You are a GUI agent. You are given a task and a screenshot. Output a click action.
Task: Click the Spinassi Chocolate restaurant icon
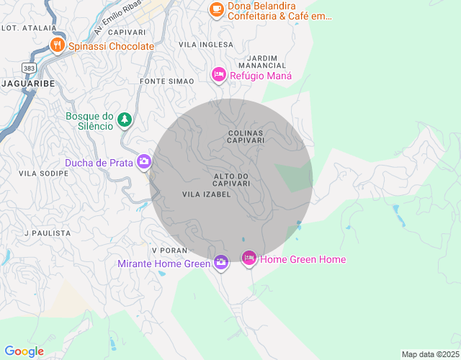click(x=58, y=45)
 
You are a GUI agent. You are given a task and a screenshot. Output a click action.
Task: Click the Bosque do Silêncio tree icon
click(x=125, y=120)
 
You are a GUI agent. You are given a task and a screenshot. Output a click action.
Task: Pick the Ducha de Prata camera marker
click(x=144, y=162)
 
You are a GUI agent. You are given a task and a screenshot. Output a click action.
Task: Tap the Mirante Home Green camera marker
click(x=220, y=263)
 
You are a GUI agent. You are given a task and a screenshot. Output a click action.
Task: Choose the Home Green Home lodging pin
click(x=249, y=258)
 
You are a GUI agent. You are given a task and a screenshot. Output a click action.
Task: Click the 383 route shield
click(x=28, y=67)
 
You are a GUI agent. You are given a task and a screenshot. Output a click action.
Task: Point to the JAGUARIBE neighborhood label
click(x=28, y=84)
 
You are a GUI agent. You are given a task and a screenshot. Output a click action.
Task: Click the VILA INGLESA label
click(x=206, y=45)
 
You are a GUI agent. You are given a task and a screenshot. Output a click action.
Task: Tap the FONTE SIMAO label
click(x=167, y=81)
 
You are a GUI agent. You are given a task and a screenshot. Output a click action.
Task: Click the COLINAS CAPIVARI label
click(x=245, y=137)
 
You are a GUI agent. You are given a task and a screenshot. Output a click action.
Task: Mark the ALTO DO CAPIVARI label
click(x=231, y=180)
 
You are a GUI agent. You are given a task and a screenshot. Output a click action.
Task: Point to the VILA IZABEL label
click(x=206, y=194)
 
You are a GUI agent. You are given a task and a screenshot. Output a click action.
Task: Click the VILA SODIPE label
click(x=39, y=174)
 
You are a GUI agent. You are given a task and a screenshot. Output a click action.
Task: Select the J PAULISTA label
click(x=48, y=233)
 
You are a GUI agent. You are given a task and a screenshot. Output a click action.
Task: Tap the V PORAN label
click(x=170, y=250)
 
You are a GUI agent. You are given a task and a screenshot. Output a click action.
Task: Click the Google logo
click(x=24, y=351)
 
